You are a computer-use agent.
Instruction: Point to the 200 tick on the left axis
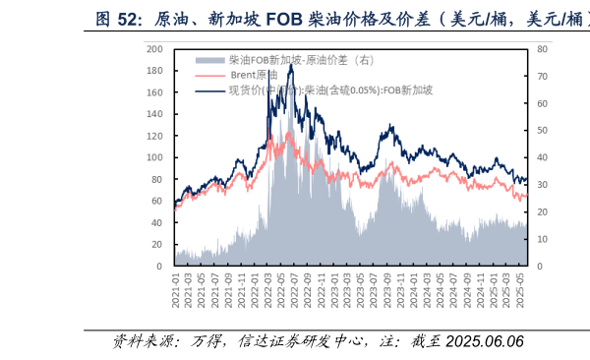click(x=153, y=48)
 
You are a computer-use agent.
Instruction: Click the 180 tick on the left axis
click(x=153, y=71)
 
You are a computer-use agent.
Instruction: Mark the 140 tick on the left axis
click(x=153, y=114)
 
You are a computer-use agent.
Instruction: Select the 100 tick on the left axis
click(x=153, y=157)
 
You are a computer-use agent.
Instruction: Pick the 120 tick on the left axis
click(x=153, y=136)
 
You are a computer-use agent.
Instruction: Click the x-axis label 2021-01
click(x=176, y=291)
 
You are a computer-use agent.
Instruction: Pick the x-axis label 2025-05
click(x=523, y=291)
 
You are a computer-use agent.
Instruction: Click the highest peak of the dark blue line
click(x=290, y=65)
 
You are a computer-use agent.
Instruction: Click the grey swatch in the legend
click(x=211, y=60)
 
